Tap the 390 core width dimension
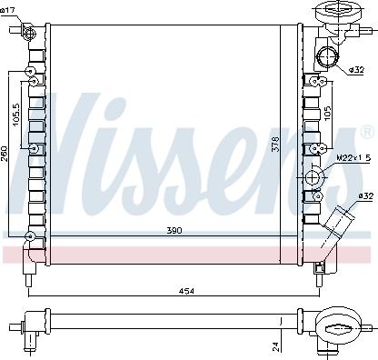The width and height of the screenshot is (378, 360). pyautogui.click(x=174, y=230)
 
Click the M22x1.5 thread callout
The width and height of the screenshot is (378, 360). pyautogui.click(x=353, y=159)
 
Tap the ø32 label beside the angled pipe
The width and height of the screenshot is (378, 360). pyautogui.click(x=365, y=196)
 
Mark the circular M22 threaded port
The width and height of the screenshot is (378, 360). pyautogui.click(x=314, y=176)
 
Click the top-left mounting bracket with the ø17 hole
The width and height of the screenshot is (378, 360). pyautogui.click(x=28, y=35)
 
